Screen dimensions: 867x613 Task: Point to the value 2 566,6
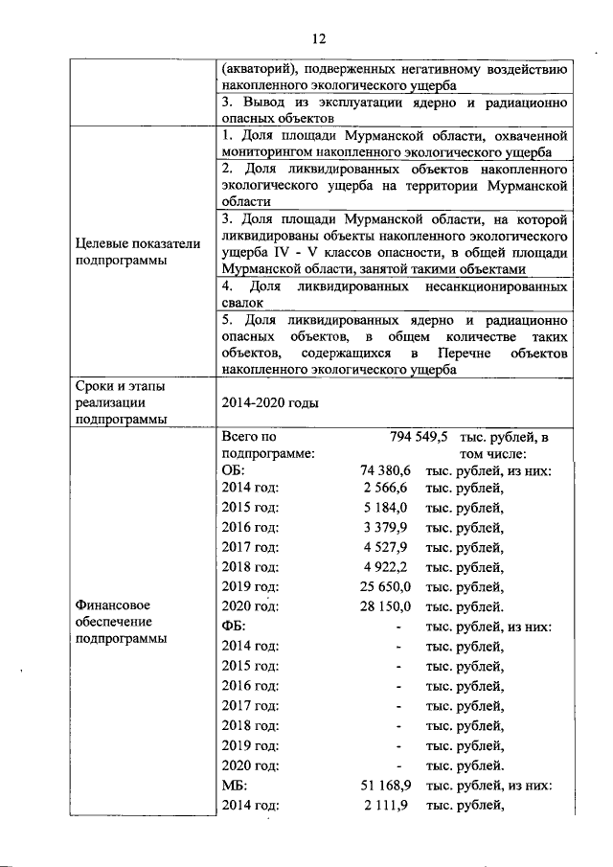tap(387, 489)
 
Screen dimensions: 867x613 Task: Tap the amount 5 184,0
tap(387, 508)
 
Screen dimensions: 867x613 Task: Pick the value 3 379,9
tap(387, 528)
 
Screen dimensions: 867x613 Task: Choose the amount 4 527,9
tap(387, 548)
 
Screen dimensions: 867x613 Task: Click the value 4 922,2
tap(387, 567)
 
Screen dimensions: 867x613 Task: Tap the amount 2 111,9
tap(387, 804)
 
